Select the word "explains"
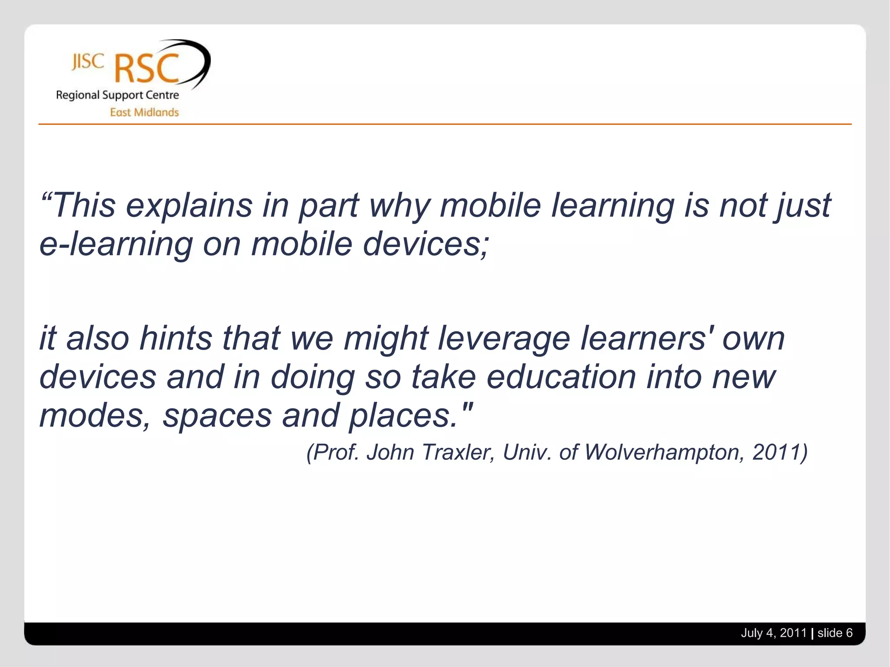(x=189, y=206)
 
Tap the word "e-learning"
(x=116, y=244)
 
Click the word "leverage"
(x=504, y=339)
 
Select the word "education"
(x=561, y=376)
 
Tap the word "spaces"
(x=217, y=416)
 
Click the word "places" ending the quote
(x=403, y=416)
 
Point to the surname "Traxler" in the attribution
(x=458, y=452)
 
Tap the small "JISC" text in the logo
(x=88, y=62)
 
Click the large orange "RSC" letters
(x=147, y=69)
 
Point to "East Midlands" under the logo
(x=144, y=112)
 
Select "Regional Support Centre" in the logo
(x=117, y=95)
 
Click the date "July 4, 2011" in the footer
(x=774, y=633)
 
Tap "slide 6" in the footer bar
(x=835, y=633)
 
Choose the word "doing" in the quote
(x=313, y=377)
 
